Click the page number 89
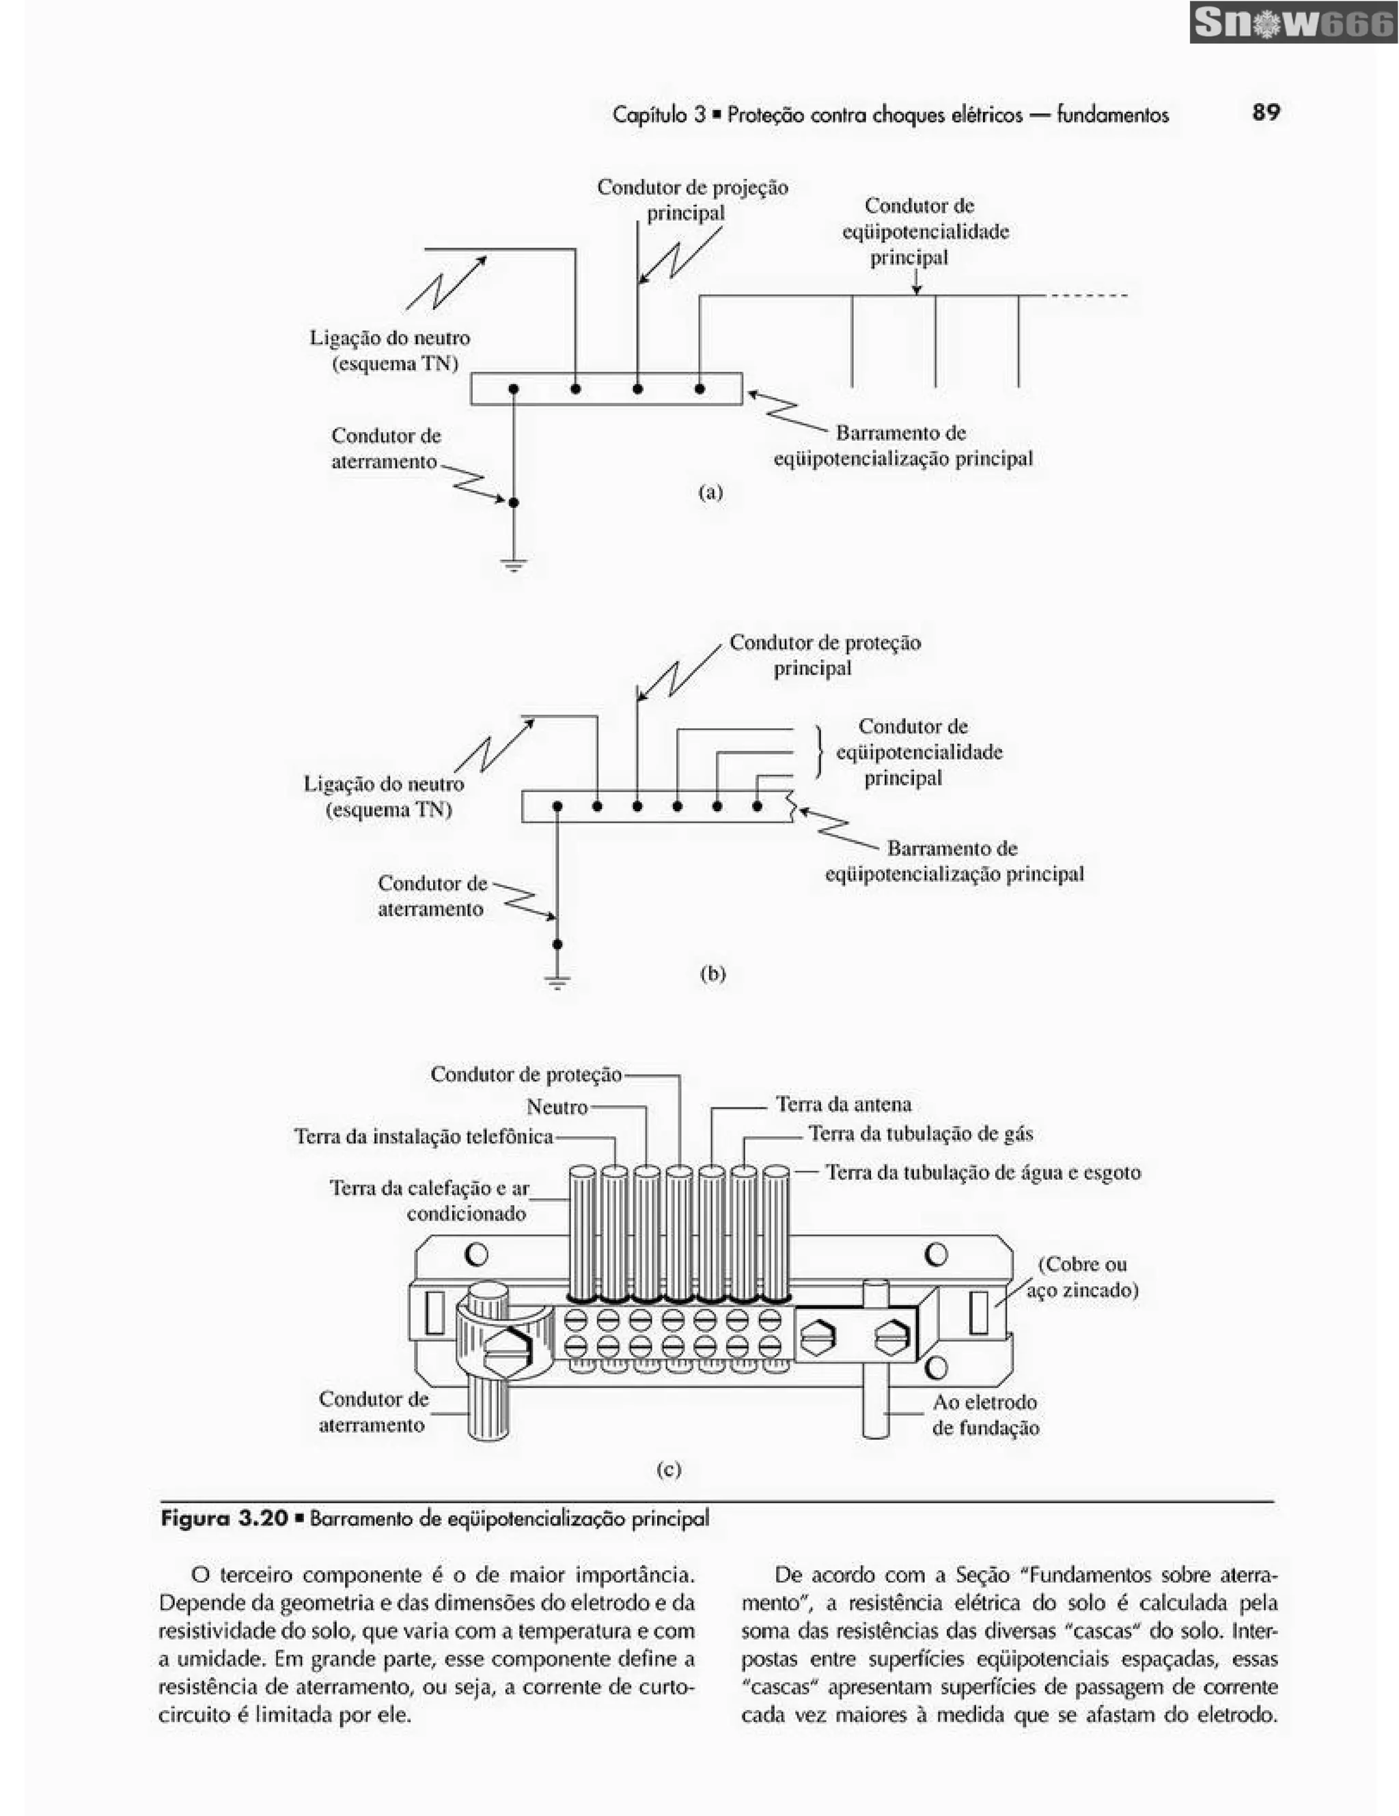pyautogui.click(x=1265, y=112)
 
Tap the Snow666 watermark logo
pyautogui.click(x=1292, y=23)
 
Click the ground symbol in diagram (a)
pyautogui.click(x=513, y=566)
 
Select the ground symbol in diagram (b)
pyautogui.click(x=557, y=982)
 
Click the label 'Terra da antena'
pyautogui.click(x=844, y=1104)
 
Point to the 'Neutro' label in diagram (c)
pyautogui.click(x=557, y=1107)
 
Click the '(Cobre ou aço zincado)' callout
pyautogui.click(x=1081, y=1277)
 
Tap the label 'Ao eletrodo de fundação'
pyautogui.click(x=985, y=1415)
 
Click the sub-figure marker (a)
pyautogui.click(x=710, y=492)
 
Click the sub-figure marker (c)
pyautogui.click(x=669, y=1469)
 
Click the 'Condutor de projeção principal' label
pyautogui.click(x=692, y=199)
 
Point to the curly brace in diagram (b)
pyautogui.click(x=819, y=751)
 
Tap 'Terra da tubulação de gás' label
pyautogui.click(x=920, y=1133)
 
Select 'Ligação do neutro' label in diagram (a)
pyautogui.click(x=389, y=350)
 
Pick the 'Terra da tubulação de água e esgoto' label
pyautogui.click(x=982, y=1172)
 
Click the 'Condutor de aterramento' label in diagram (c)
pyautogui.click(x=372, y=1411)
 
